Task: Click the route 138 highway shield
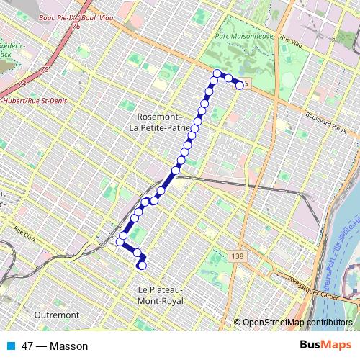click(x=238, y=256)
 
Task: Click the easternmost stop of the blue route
click(x=240, y=86)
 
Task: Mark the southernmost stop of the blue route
click(x=142, y=266)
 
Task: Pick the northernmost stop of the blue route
click(x=217, y=73)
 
